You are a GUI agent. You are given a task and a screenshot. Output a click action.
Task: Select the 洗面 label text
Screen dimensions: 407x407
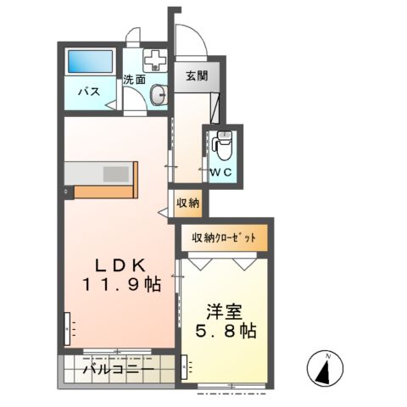click(134, 81)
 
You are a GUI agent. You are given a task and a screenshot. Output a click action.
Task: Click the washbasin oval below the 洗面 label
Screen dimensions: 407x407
click(158, 95)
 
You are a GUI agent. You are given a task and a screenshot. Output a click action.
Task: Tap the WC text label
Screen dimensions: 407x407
click(221, 172)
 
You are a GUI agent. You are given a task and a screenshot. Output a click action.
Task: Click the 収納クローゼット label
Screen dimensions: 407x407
click(223, 237)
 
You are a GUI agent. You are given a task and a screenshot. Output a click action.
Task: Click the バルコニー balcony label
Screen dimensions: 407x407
click(119, 369)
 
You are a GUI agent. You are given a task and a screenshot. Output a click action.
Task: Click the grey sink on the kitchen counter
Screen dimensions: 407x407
click(114, 173)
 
